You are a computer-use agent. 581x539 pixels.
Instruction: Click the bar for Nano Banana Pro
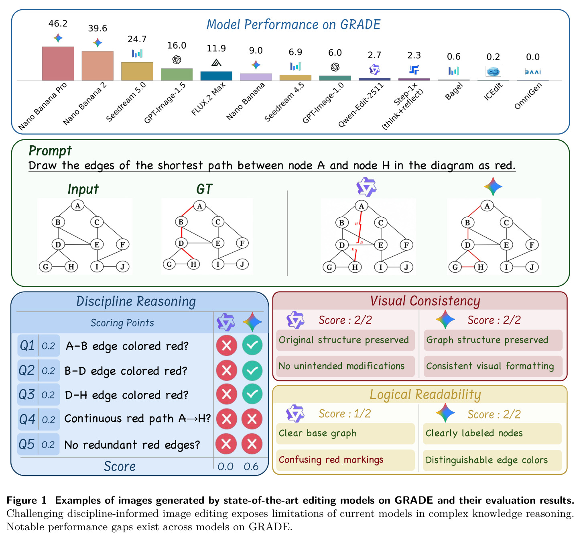[x=58, y=63]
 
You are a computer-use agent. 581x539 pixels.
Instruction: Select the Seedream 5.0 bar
[x=137, y=71]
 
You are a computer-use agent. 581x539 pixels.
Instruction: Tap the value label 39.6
[x=98, y=29]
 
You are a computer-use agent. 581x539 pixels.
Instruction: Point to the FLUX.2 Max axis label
[x=208, y=99]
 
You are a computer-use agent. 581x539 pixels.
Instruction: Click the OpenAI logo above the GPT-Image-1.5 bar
[x=177, y=60]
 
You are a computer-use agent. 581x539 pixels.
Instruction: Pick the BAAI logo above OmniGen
[x=533, y=72]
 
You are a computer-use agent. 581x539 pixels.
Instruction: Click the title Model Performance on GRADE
[x=293, y=24]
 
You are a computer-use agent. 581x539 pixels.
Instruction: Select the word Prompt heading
[x=50, y=151]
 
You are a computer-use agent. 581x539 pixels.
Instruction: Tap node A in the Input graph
[x=77, y=206]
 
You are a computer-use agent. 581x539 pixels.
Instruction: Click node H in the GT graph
[x=193, y=264]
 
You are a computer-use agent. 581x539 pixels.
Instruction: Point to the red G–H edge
[x=468, y=267]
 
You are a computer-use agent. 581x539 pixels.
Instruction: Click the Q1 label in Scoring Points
[x=28, y=346]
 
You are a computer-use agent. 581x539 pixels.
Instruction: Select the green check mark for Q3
[x=252, y=394]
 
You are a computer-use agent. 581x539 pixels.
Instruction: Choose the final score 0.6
[x=251, y=466]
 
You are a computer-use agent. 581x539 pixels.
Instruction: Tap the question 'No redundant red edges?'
[x=132, y=445]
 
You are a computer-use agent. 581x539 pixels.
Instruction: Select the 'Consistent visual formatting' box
[x=493, y=366]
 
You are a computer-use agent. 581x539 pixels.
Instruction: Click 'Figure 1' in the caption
[x=26, y=500]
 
